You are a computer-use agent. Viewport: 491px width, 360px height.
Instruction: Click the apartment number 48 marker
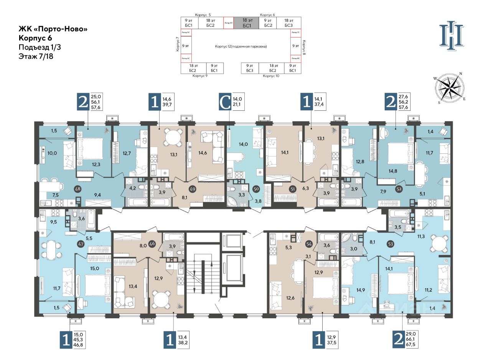click(x=78, y=189)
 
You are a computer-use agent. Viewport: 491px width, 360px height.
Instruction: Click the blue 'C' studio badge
click(x=225, y=103)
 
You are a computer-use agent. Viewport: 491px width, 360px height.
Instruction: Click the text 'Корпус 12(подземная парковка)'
click(x=241, y=46)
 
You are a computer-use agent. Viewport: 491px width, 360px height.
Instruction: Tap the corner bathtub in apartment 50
click(x=233, y=201)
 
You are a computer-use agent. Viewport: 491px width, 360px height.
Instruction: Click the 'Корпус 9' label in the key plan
click(x=200, y=76)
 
